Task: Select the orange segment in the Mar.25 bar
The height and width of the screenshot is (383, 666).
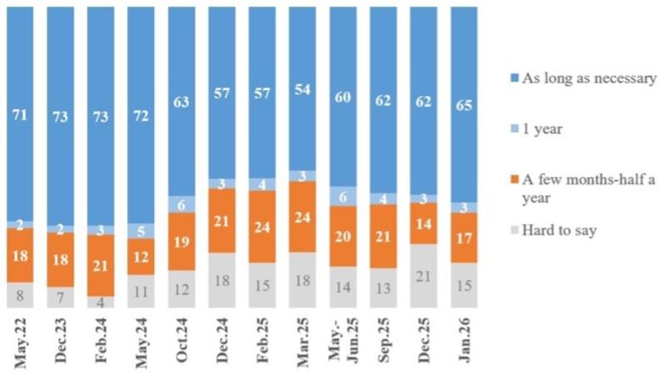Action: coord(302,216)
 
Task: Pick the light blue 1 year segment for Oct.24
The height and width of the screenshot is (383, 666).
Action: coord(181,204)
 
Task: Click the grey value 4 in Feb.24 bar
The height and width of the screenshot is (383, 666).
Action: coord(101,302)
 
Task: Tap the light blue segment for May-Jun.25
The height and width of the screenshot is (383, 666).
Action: coord(343,196)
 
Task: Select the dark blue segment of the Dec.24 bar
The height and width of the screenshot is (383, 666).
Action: coord(221,92)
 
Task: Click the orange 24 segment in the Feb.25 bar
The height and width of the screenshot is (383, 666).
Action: coord(262,226)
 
